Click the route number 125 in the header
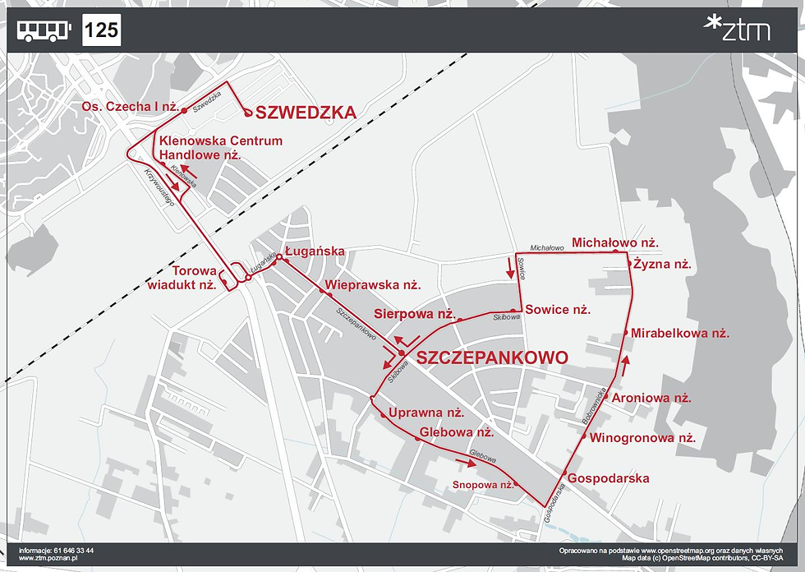pyautogui.click(x=102, y=31)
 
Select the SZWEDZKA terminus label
pyautogui.click(x=306, y=113)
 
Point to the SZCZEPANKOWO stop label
pyautogui.click(x=492, y=357)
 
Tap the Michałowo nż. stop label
pyautogui.click(x=615, y=242)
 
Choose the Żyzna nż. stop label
pyautogui.click(x=665, y=265)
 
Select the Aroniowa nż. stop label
pyautogui.click(x=651, y=397)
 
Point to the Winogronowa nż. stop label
pyautogui.click(x=642, y=438)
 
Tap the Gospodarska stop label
pyautogui.click(x=608, y=478)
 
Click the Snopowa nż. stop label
pyautogui.click(x=482, y=485)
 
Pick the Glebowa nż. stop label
pyautogui.click(x=456, y=431)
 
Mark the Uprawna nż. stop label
pyautogui.click(x=426, y=413)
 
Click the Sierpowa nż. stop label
pyautogui.click(x=414, y=313)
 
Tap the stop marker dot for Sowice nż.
pyautogui.click(x=513, y=311)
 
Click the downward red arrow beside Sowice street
pyautogui.click(x=509, y=267)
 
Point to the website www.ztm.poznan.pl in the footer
pyautogui.click(x=45, y=558)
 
